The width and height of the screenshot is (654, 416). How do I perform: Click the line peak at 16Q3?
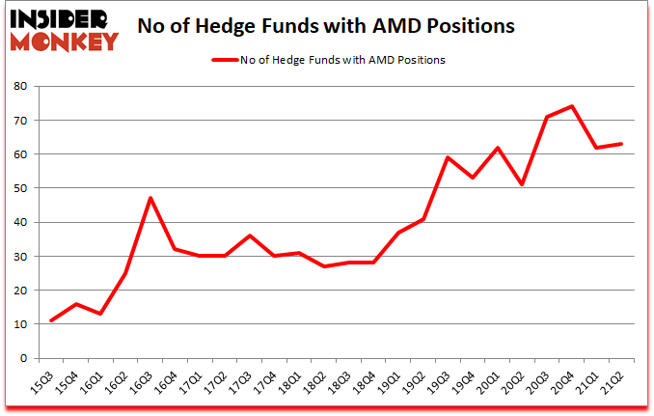[x=151, y=198]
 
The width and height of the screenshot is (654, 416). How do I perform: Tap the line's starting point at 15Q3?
[x=51, y=320]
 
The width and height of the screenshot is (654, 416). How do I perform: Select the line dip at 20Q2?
[x=521, y=184]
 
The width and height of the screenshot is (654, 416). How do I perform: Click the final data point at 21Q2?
[x=622, y=144]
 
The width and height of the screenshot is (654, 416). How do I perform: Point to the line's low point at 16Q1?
[x=101, y=314]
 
